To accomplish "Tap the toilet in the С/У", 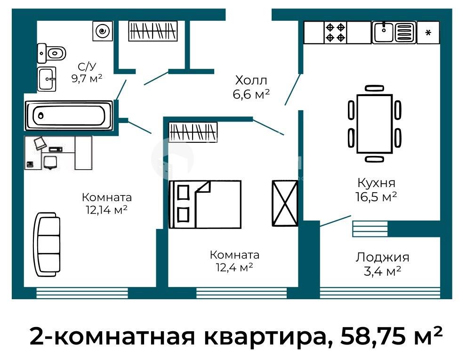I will click(x=52, y=53).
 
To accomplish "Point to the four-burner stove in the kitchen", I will click(x=336, y=32).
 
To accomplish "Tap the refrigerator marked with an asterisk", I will click(x=428, y=33).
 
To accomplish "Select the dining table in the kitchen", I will click(x=374, y=123).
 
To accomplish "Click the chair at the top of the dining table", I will click(x=374, y=88).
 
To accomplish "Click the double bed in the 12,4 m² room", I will click(x=205, y=205).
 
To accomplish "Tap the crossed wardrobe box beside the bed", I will click(x=284, y=203).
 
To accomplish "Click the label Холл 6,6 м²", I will click(x=251, y=87).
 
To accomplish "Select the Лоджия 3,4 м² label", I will click(x=382, y=263).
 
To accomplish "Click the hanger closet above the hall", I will click(x=153, y=32).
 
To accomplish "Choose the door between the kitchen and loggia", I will click(x=335, y=221).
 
